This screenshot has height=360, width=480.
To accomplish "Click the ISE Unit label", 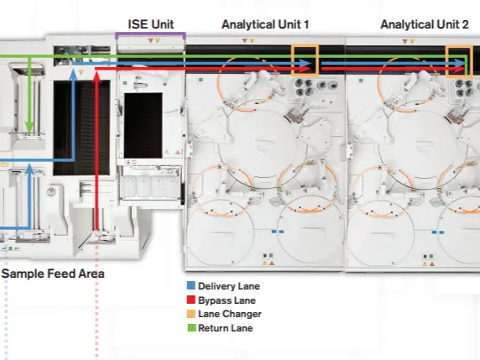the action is [x=150, y=24].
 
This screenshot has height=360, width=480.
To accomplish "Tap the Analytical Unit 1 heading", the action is [x=265, y=24].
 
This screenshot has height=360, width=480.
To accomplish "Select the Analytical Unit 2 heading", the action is [x=425, y=24].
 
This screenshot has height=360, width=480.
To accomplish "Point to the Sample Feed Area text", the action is [x=53, y=274].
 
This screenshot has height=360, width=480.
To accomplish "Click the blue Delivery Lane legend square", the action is [x=191, y=285].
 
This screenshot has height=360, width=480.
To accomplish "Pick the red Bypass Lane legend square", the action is [x=191, y=300].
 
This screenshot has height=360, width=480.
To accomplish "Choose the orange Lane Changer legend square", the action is [x=191, y=314].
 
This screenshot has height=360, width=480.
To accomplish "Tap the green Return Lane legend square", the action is [x=191, y=328].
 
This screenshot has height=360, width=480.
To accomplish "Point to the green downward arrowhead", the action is [x=29, y=127].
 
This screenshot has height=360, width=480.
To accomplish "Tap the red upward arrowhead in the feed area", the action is [x=97, y=77].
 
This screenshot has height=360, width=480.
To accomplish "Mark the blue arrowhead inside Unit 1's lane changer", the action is [x=305, y=64].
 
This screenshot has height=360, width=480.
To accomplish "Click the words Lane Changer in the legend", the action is [x=230, y=314].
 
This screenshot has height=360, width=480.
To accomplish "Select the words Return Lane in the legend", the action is [x=225, y=328].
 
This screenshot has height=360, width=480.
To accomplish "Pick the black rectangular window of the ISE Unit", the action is [x=143, y=126].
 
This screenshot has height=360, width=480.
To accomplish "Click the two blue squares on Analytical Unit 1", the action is [x=278, y=232].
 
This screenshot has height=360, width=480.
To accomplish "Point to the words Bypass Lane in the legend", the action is [x=227, y=300].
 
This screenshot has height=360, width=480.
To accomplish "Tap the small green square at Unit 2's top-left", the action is [x=361, y=81].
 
